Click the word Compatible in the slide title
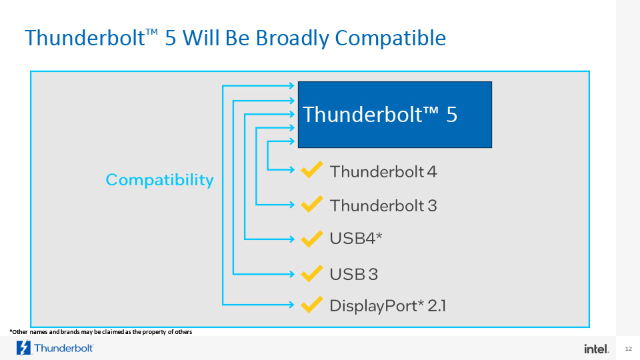tap(390, 39)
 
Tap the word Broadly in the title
tap(292, 39)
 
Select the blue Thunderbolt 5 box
tap(395, 115)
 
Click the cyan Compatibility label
tap(159, 180)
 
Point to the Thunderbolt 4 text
tap(383, 172)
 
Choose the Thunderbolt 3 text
tap(383, 206)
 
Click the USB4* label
tap(356, 239)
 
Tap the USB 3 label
tap(354, 274)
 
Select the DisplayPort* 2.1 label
tap(388, 306)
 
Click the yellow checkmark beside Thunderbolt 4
tap(312, 170)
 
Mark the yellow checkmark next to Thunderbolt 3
tap(312, 204)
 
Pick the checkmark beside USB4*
tap(312, 239)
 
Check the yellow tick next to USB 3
tap(312, 273)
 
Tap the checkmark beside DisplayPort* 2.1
tap(312, 305)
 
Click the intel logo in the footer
tap(596, 349)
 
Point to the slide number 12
tap(628, 349)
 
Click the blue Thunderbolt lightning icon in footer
tap(23, 348)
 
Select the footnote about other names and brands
tap(101, 332)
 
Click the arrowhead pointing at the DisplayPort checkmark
tap(291, 305)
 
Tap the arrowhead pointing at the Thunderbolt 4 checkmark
tap(291, 169)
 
